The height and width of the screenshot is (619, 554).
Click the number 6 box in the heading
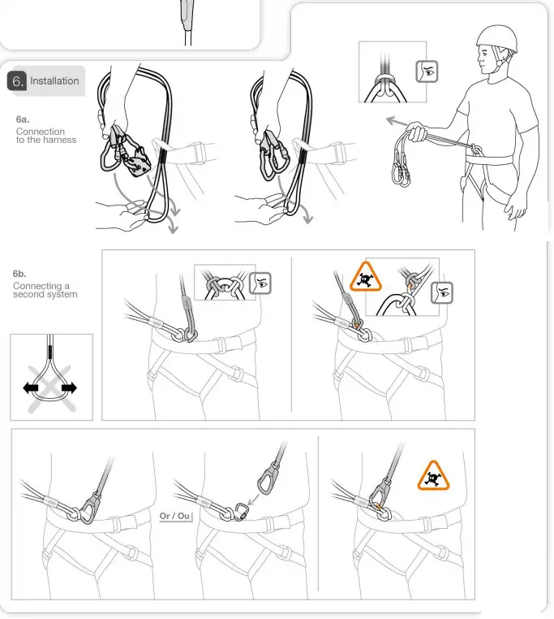pos(16,81)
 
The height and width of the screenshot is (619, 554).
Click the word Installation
pos(54,81)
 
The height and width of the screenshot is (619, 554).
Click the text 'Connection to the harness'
pos(45,136)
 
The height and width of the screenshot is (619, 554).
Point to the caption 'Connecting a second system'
pos(45,290)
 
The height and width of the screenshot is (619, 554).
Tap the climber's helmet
pos(496,37)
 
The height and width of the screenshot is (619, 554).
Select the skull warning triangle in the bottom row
pos(435,477)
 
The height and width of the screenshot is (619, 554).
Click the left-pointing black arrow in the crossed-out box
pos(32,388)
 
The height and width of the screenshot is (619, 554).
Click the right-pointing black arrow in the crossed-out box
pos(70,388)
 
